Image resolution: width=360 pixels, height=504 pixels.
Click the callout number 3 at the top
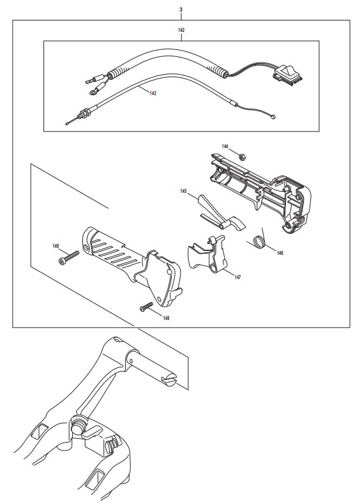pyautogui.click(x=181, y=10)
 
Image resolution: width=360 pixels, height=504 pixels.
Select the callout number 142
pyautogui.click(x=181, y=30)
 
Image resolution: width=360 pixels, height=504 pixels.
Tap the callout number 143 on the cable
pyautogui.click(x=153, y=93)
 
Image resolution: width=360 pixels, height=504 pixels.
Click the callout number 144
pyautogui.click(x=225, y=146)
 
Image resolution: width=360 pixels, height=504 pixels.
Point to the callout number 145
pyautogui.click(x=183, y=191)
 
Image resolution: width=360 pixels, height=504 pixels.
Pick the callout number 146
pyautogui.click(x=280, y=253)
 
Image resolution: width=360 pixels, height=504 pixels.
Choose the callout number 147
pyautogui.click(x=237, y=277)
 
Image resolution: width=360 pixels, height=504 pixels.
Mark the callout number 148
pyautogui.click(x=166, y=318)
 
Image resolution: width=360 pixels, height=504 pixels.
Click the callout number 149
pyautogui.click(x=56, y=246)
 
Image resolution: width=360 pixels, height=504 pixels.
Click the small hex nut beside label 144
pyautogui.click(x=242, y=157)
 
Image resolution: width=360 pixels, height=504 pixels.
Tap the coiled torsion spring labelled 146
pyautogui.click(x=259, y=241)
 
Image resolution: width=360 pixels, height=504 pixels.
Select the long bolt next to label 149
pyautogui.click(x=69, y=258)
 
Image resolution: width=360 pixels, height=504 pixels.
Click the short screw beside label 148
pyautogui.click(x=146, y=307)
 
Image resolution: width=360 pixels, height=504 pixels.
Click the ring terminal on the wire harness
pyautogui.click(x=93, y=93)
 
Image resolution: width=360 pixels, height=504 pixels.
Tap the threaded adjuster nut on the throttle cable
pyautogui.click(x=84, y=114)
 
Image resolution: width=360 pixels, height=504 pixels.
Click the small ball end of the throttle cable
pyautogui.click(x=273, y=118)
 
